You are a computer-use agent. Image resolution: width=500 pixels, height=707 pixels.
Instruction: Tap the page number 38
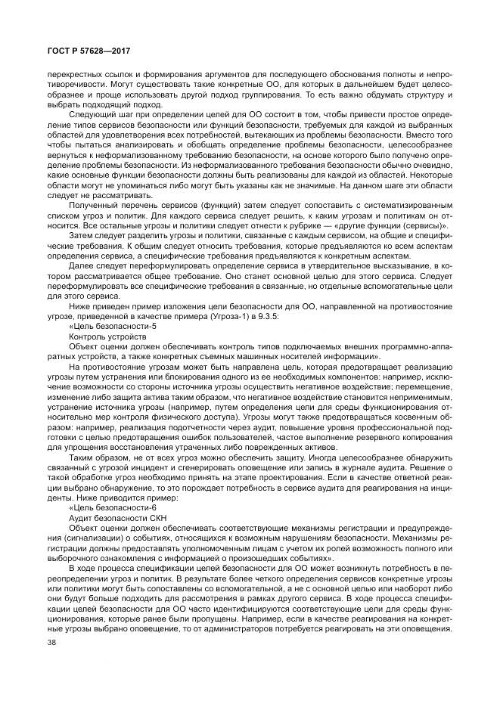click(52, 643)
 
